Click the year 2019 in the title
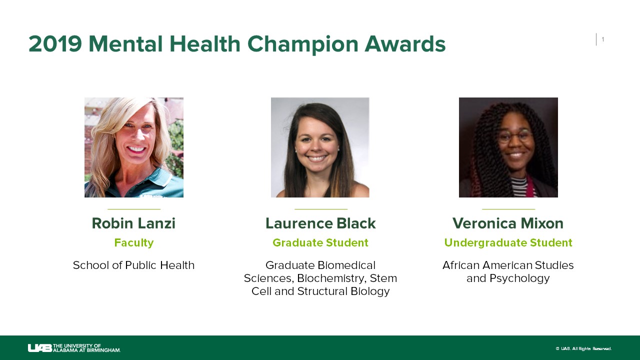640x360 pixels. tap(55, 44)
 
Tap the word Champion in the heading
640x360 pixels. tap(302, 44)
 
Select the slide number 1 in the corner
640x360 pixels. tap(603, 39)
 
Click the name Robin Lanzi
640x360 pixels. tap(133, 223)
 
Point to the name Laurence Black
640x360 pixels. tap(320, 223)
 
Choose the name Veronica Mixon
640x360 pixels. tap(508, 223)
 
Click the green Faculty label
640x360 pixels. tap(133, 243)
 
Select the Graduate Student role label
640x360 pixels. tap(320, 242)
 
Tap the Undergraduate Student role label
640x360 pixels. tap(508, 243)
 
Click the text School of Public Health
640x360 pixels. tap(133, 265)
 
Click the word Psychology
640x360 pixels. tap(519, 278)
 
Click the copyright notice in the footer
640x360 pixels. tap(583, 348)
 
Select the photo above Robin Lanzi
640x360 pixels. tap(134, 147)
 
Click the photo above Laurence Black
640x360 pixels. tap(320, 147)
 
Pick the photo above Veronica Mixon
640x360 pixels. tap(508, 147)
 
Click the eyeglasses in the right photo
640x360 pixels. tap(515, 136)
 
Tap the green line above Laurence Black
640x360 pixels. tap(321, 209)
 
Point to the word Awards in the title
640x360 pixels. tap(405, 44)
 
